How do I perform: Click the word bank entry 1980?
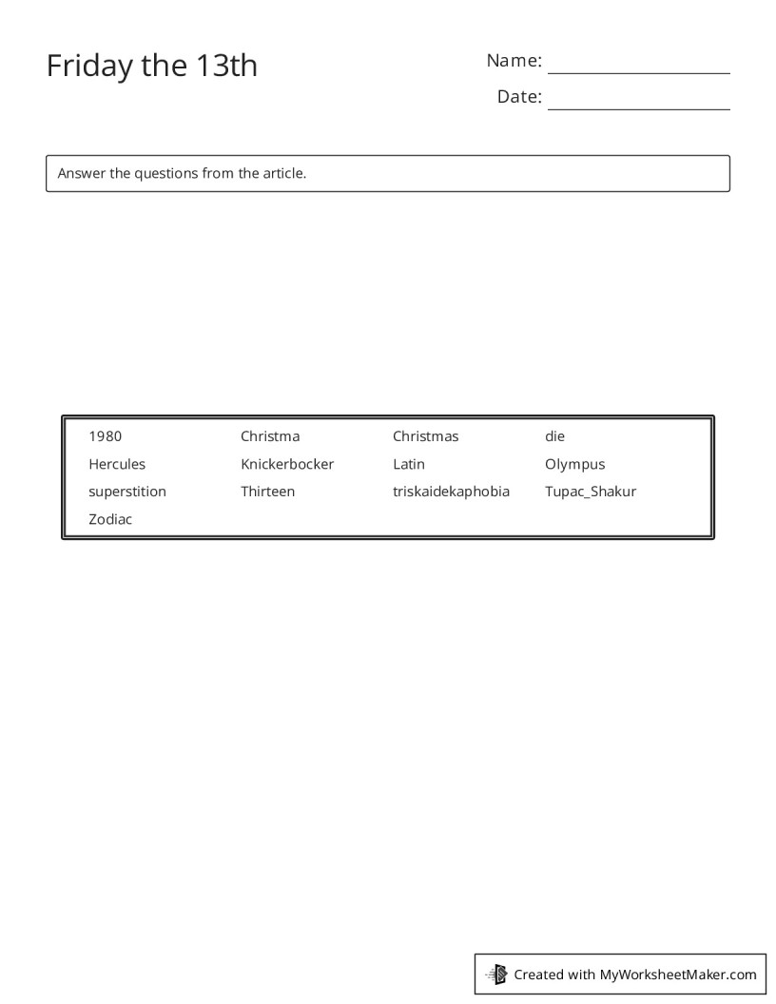pyautogui.click(x=105, y=436)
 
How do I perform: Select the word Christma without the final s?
pyautogui.click(x=270, y=436)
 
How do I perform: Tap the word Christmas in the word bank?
pyautogui.click(x=425, y=436)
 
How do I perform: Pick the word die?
pyautogui.click(x=554, y=436)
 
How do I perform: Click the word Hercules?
pyautogui.click(x=117, y=464)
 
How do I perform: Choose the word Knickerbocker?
pyautogui.click(x=287, y=464)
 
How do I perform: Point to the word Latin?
pyautogui.click(x=409, y=464)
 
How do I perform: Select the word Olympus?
pyautogui.click(x=574, y=464)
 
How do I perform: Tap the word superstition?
pyautogui.click(x=127, y=492)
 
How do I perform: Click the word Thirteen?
pyautogui.click(x=267, y=492)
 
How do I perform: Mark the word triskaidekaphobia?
pyautogui.click(x=451, y=492)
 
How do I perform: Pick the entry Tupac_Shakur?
pyautogui.click(x=591, y=492)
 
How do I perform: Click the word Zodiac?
pyautogui.click(x=110, y=519)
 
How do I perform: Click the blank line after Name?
pyautogui.click(x=638, y=67)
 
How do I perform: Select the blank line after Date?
pyautogui.click(x=638, y=103)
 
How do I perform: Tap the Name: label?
pyautogui.click(x=514, y=61)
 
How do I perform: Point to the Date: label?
pyautogui.click(x=519, y=97)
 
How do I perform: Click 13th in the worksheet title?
pyautogui.click(x=227, y=66)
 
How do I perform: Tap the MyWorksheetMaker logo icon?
pyautogui.click(x=497, y=974)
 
